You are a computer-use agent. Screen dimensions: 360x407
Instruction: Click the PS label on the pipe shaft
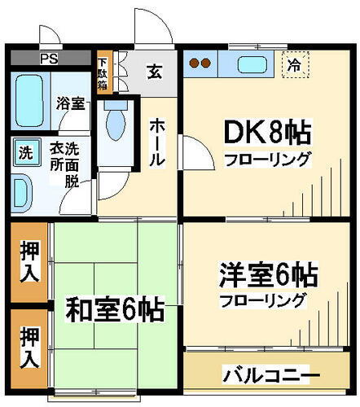pyautogui.click(x=49, y=59)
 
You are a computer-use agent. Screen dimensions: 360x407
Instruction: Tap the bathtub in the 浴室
pyautogui.click(x=29, y=101)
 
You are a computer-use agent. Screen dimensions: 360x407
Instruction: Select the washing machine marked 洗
pyautogui.click(x=26, y=152)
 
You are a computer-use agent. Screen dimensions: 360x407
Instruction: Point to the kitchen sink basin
pyautogui.click(x=252, y=64)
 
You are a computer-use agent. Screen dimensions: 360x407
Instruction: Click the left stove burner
pyautogui.click(x=194, y=63)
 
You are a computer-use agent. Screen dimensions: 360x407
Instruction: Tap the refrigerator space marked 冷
pyautogui.click(x=295, y=65)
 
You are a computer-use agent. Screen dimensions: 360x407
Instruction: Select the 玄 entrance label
pyautogui.click(x=155, y=72)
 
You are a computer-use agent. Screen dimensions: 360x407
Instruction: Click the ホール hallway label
pyautogui.click(x=157, y=143)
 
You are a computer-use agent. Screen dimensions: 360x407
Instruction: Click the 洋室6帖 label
pyautogui.click(x=269, y=274)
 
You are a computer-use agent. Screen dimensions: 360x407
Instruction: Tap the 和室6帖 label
pyautogui.click(x=116, y=309)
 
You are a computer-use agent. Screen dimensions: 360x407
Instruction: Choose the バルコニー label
pyautogui.click(x=271, y=375)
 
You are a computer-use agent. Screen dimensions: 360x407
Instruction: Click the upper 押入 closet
pyautogui.click(x=29, y=262)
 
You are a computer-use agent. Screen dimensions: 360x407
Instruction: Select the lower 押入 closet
pyautogui.click(x=29, y=348)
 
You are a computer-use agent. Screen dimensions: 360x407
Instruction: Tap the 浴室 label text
pyautogui.click(x=71, y=103)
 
